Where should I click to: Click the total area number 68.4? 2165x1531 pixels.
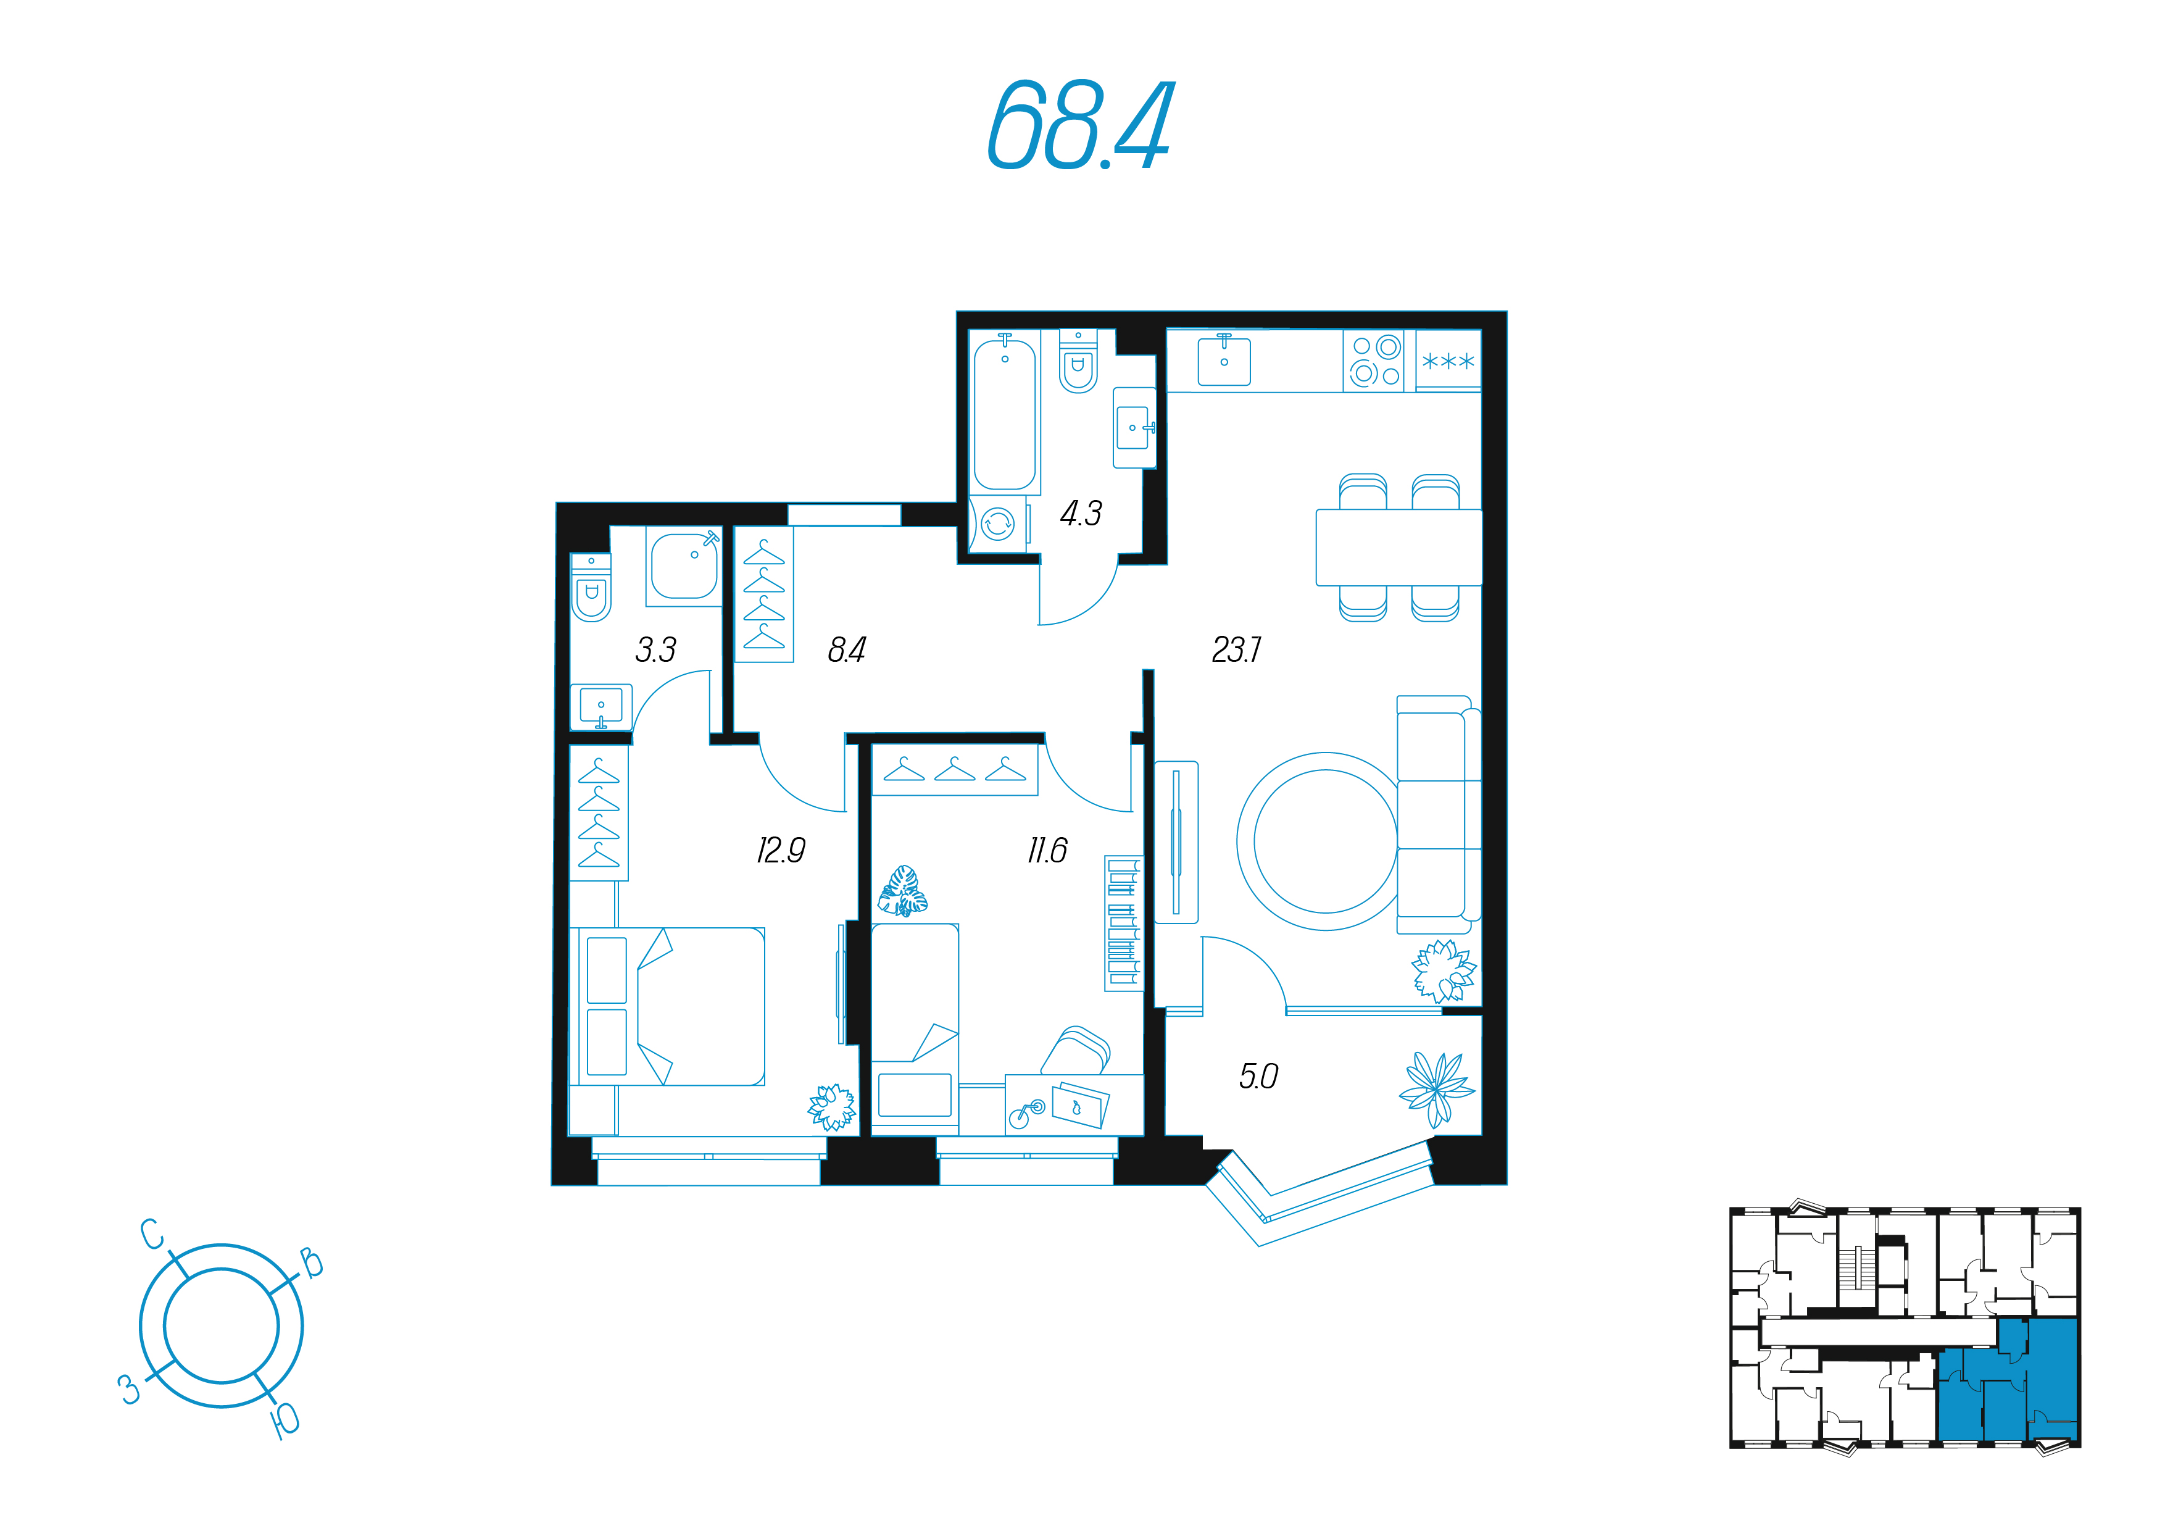(1079, 125)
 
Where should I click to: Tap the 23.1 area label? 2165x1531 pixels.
(1236, 650)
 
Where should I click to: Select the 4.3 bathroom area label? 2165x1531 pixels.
(1081, 513)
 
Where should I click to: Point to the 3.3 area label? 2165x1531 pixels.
(655, 650)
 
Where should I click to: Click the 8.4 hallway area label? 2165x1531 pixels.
(847, 650)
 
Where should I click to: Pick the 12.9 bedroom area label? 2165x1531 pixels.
(781, 851)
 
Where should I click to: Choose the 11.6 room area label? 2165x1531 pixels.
(1047, 851)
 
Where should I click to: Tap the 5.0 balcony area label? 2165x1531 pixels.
(1258, 1076)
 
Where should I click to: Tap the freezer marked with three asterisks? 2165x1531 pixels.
(1447, 361)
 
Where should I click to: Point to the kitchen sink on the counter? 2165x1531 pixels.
(1224, 361)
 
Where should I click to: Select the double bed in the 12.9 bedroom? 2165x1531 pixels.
(668, 1006)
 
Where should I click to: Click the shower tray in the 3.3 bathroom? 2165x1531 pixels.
(684, 566)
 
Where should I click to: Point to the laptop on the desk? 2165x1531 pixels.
(1079, 1104)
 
